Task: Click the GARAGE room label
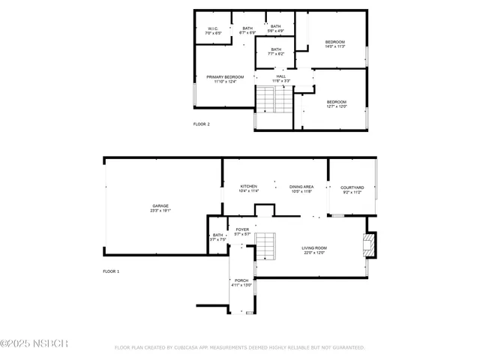[160, 205]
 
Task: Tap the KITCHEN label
[248, 186]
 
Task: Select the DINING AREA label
[301, 186]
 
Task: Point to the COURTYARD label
[352, 187]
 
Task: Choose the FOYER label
[242, 229]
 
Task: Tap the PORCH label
[241, 280]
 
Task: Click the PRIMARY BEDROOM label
[225, 76]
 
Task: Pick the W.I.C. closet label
[212, 30]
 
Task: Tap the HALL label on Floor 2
[280, 76]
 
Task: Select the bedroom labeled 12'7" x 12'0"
[336, 102]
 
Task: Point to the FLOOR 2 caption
[202, 124]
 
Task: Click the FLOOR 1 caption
[111, 271]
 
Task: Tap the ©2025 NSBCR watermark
[34, 343]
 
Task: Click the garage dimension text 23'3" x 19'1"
[160, 211]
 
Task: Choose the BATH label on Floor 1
[217, 235]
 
